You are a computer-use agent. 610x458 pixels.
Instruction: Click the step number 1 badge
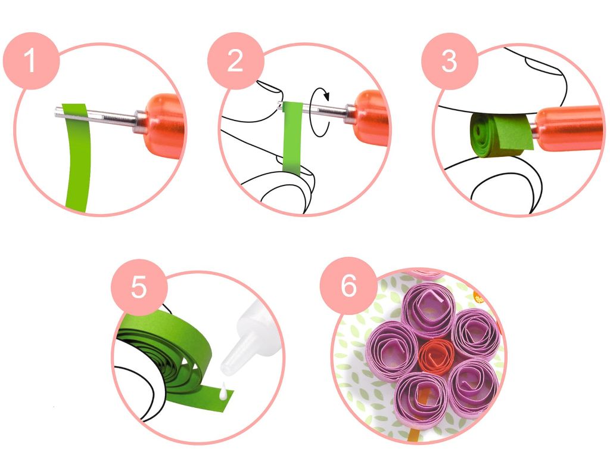pos(31,61)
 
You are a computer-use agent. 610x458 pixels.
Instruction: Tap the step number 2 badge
pos(235,61)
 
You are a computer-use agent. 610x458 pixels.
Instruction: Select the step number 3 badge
pos(449,61)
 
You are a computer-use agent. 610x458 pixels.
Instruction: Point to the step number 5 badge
pos(139,287)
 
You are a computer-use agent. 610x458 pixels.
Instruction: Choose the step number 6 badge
pos(348,286)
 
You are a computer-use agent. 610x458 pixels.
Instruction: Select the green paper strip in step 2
pos(292,137)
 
